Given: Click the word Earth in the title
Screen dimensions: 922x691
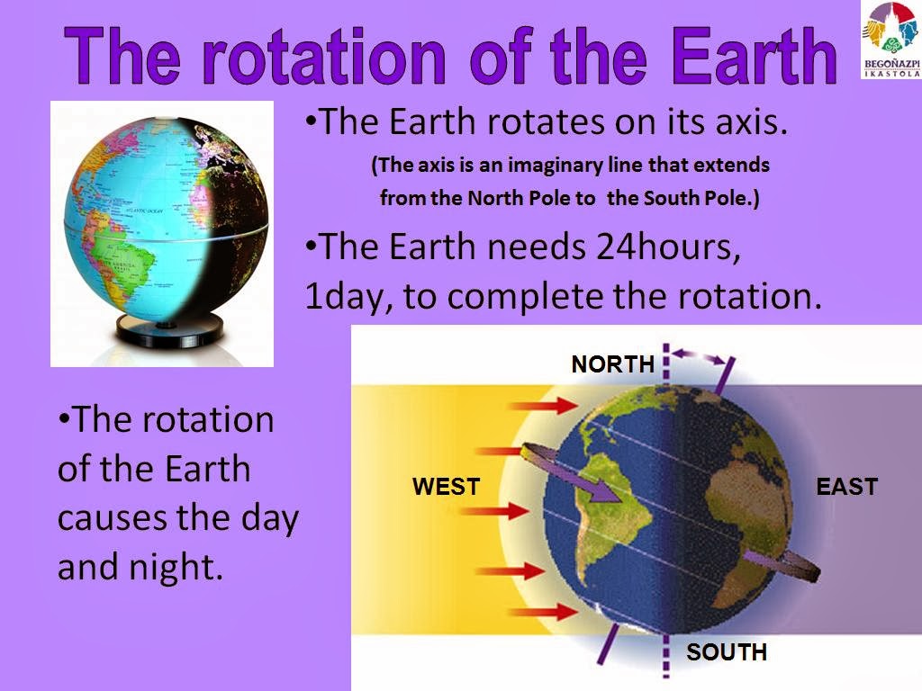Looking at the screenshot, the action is tap(755, 57).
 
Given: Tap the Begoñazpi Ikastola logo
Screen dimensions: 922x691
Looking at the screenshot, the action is tap(890, 40).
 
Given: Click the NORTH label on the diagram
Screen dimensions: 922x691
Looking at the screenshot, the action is tap(612, 364).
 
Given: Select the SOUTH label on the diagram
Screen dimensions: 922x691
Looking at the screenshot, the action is tap(727, 651).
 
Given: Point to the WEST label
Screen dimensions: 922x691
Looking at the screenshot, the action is tap(447, 487).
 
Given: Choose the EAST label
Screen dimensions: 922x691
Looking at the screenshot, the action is tap(846, 487).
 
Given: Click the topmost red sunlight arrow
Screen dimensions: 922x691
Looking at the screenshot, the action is tap(543, 406).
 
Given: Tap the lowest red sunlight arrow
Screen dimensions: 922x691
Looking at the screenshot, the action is tap(543, 612).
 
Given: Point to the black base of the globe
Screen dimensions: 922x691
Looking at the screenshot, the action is tap(169, 330).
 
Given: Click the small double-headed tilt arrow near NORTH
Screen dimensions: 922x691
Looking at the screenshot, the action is tap(698, 356).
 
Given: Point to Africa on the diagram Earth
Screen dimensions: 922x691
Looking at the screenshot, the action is tap(743, 514).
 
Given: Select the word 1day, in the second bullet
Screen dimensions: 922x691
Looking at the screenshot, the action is tap(349, 297).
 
